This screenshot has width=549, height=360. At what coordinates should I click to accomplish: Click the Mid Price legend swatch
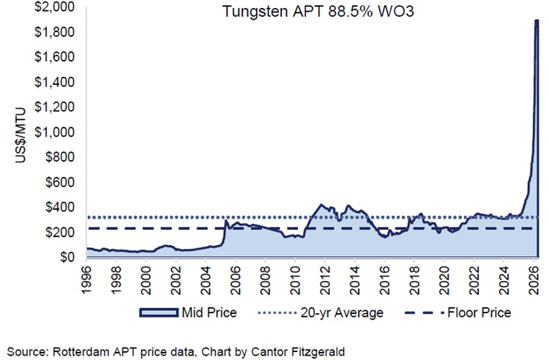[158, 312]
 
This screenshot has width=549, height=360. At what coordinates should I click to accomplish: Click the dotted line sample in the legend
[279, 312]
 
